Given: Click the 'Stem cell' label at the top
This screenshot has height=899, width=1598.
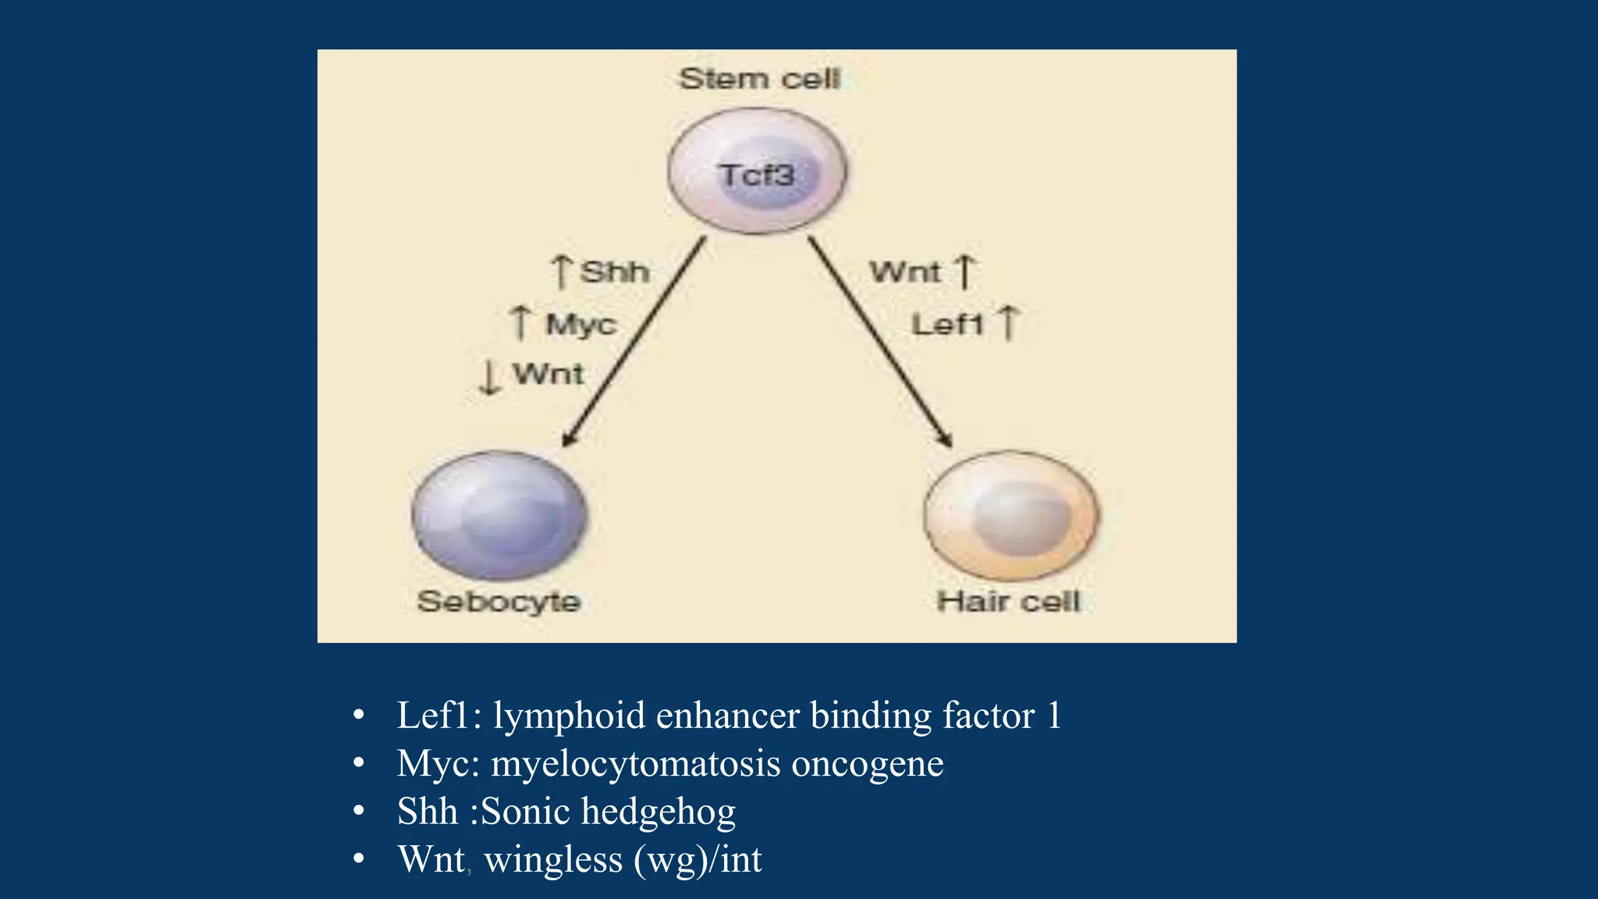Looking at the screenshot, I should pyautogui.click(x=759, y=79).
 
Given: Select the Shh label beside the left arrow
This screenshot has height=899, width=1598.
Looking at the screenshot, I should pyautogui.click(x=615, y=272).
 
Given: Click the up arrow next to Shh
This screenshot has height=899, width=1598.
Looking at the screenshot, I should pyautogui.click(x=561, y=271).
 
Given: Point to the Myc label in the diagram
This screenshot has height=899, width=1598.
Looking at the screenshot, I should pyautogui.click(x=581, y=324).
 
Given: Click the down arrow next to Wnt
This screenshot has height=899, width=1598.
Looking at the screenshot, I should pyautogui.click(x=489, y=377).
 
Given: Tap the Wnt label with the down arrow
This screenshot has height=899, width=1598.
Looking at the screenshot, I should pyautogui.click(x=549, y=374).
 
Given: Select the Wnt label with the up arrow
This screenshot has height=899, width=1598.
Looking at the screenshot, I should pyautogui.click(x=905, y=272).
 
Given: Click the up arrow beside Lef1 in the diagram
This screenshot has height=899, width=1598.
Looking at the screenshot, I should pyautogui.click(x=1008, y=322).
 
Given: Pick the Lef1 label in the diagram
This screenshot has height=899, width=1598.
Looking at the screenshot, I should pyautogui.click(x=946, y=324).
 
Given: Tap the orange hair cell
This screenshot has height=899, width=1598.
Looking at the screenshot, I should pyautogui.click(x=1011, y=515).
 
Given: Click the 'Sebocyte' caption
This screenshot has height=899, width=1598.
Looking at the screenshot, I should pyautogui.click(x=499, y=602).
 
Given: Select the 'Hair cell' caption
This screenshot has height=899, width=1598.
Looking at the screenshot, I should pyautogui.click(x=1008, y=602).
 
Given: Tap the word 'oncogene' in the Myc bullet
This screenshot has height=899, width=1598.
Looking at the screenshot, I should pyautogui.click(x=867, y=763).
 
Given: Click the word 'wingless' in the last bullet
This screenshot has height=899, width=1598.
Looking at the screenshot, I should pyautogui.click(x=552, y=860).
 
